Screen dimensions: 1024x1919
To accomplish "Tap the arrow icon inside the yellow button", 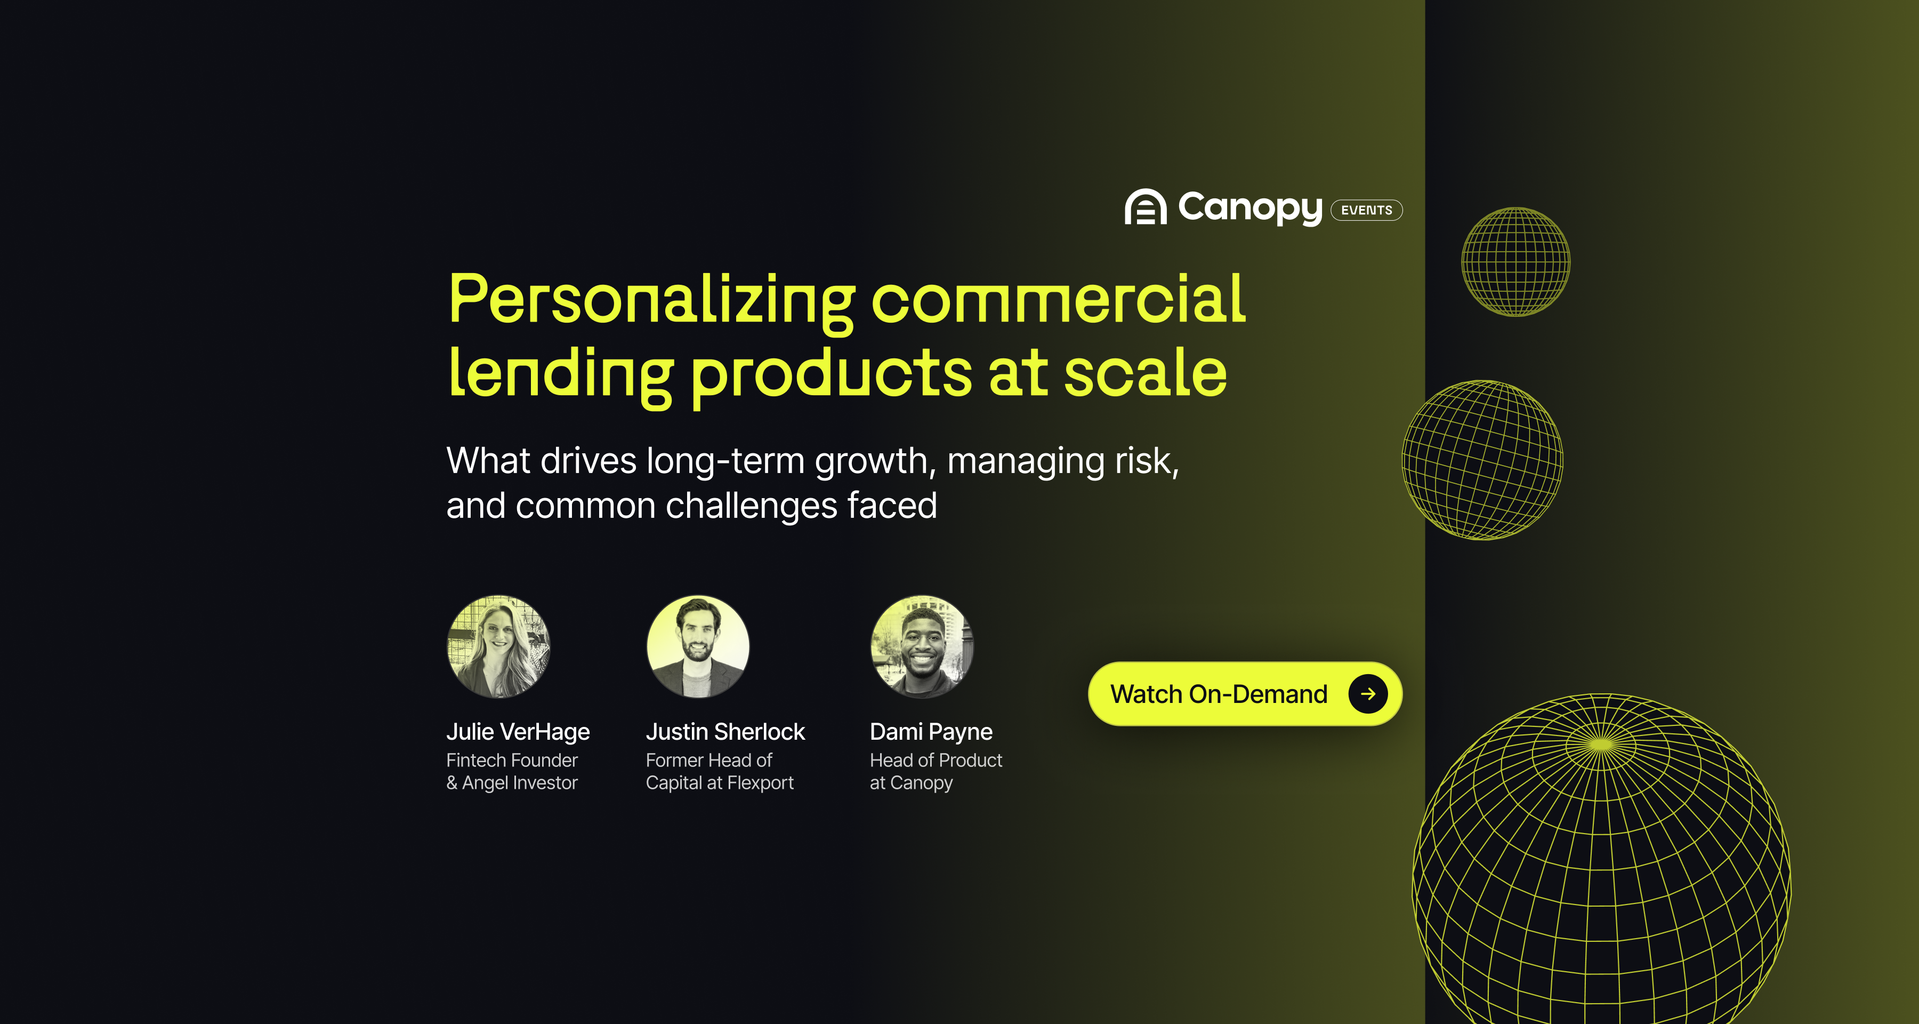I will tap(1368, 694).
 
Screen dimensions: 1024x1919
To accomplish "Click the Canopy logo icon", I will tap(1145, 207).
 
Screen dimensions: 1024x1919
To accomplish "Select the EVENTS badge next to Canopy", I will tap(1366, 210).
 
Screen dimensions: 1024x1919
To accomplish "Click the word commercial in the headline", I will tap(1058, 300).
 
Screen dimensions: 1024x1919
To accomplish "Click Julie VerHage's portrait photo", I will tap(498, 646).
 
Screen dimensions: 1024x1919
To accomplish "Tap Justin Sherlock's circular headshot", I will tap(698, 646).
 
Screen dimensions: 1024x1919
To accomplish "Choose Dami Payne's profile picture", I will tap(922, 646).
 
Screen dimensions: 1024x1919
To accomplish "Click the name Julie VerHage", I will tap(518, 732).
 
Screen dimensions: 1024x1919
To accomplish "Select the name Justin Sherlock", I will tap(725, 732).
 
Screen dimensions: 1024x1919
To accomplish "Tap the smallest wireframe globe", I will tap(1515, 261).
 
